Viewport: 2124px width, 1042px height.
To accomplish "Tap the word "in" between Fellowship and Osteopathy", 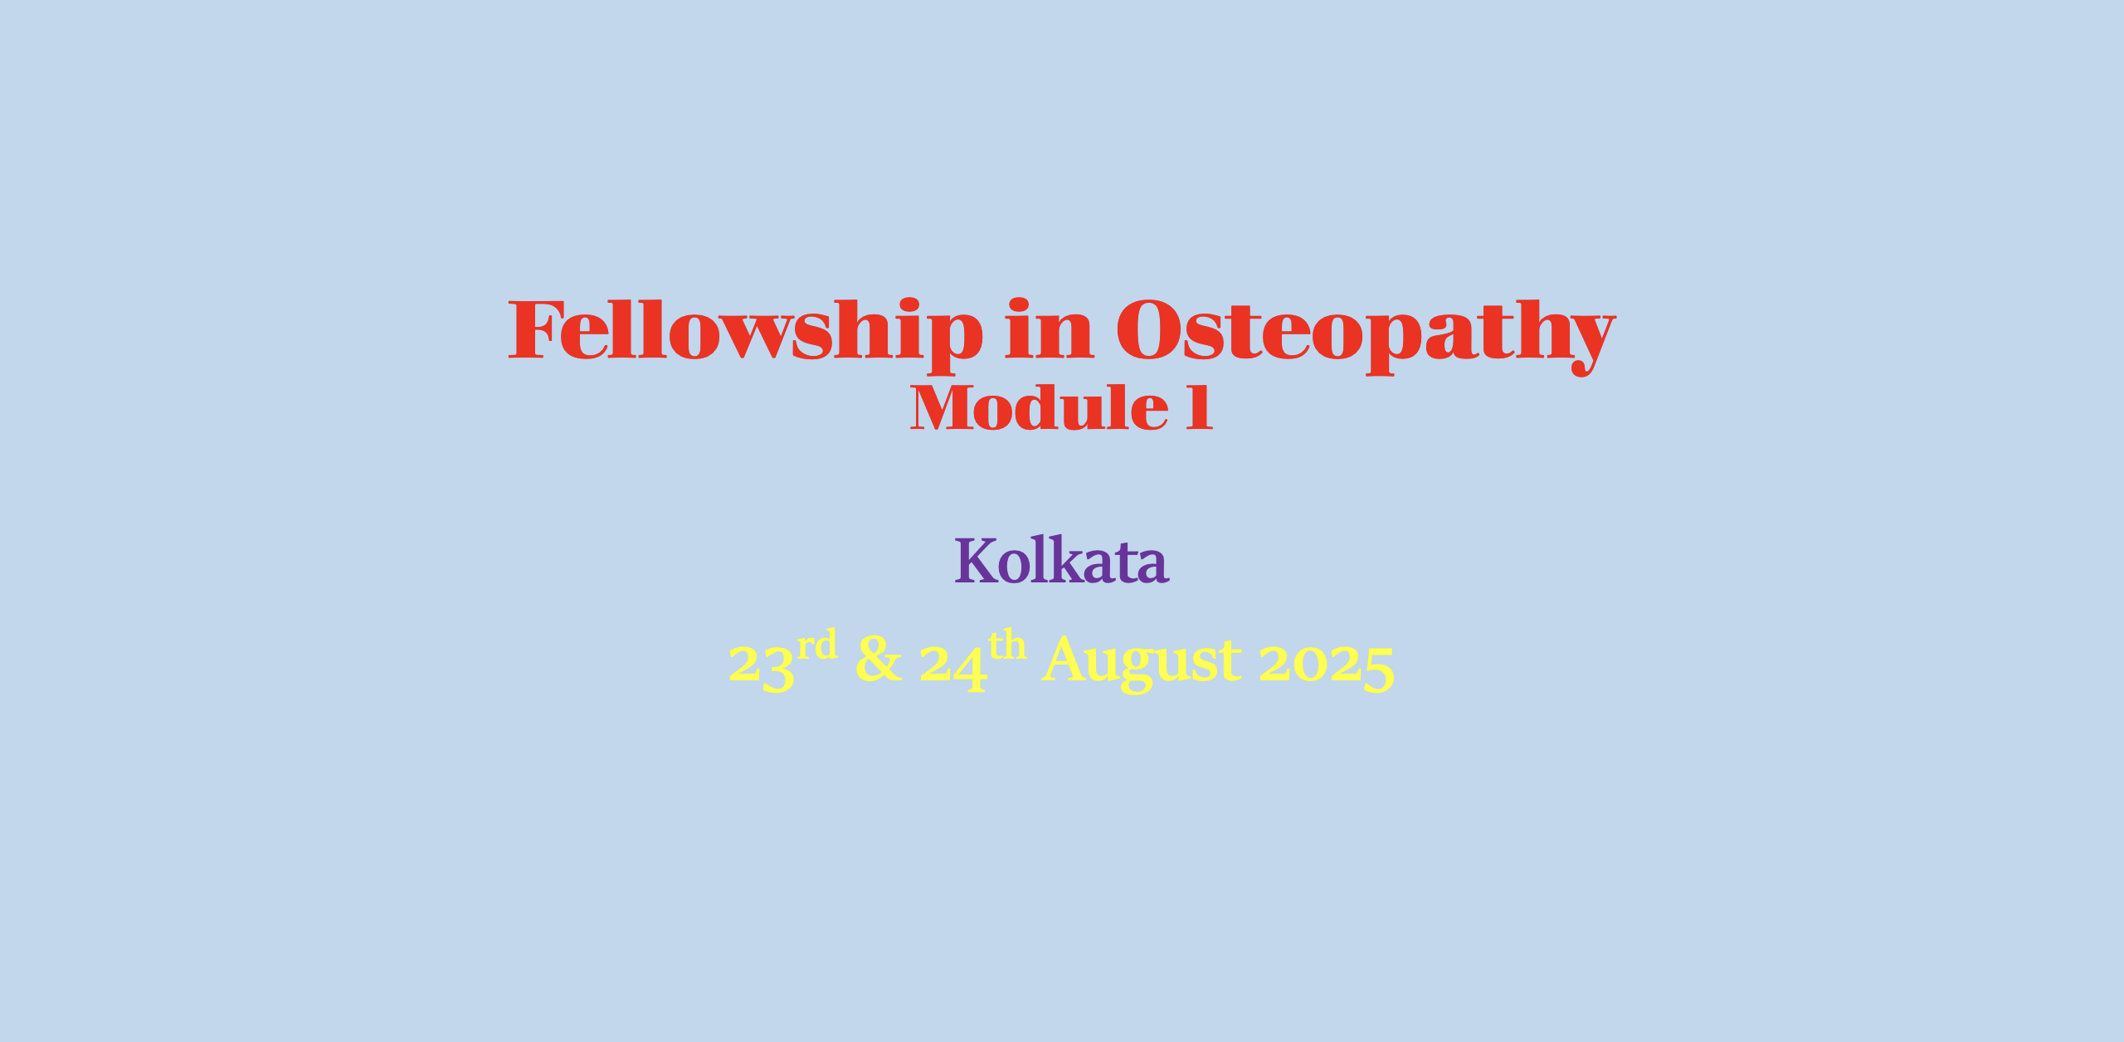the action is pyautogui.click(x=1050, y=329).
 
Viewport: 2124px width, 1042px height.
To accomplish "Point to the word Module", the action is pyautogui.click(x=1040, y=408).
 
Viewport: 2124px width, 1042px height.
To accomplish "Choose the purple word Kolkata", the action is pyautogui.click(x=1062, y=560).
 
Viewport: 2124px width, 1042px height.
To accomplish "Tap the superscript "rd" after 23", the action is pyautogui.click(x=817, y=645).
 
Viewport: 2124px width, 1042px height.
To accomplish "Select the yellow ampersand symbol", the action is pyautogui.click(x=879, y=659).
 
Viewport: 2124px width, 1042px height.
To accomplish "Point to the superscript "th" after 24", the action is pyautogui.click(x=1008, y=644).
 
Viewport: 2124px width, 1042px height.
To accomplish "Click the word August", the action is pyautogui.click(x=1142, y=662).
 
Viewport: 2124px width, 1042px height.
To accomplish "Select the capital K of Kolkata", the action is pyautogui.click(x=976, y=562).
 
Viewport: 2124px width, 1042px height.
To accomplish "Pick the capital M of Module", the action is pyautogui.click(x=941, y=408).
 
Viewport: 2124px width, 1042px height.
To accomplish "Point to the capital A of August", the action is pyautogui.click(x=1065, y=659).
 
